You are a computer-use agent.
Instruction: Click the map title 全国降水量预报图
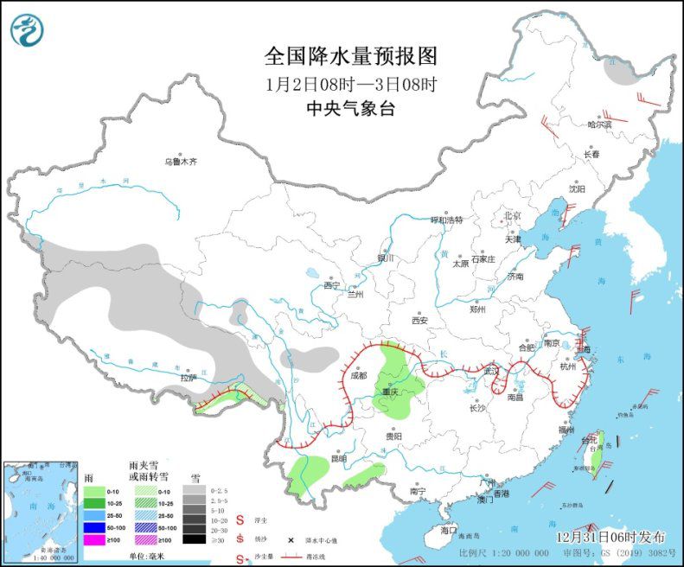pyautogui.click(x=351, y=56)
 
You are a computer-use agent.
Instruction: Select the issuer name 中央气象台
pyautogui.click(x=351, y=108)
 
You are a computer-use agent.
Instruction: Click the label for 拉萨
pyautogui.click(x=188, y=377)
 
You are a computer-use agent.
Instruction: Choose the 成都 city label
pyautogui.click(x=359, y=375)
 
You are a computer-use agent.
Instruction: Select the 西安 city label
pyautogui.click(x=420, y=320)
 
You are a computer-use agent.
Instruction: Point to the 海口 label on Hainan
pyautogui.click(x=448, y=529)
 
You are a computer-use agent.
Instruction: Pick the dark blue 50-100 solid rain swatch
pyautogui.click(x=94, y=526)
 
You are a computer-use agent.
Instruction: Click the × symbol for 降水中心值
pyautogui.click(x=289, y=538)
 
